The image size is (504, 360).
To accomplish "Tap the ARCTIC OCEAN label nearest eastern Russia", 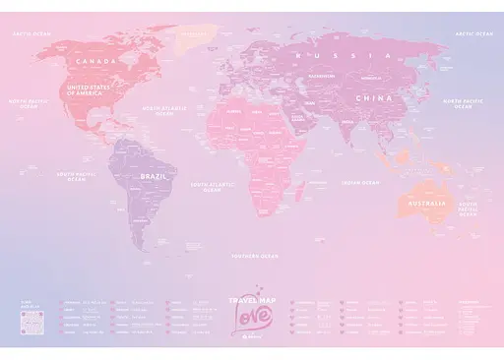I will point(472,32).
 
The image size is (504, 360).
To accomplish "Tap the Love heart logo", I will point(250,314).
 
